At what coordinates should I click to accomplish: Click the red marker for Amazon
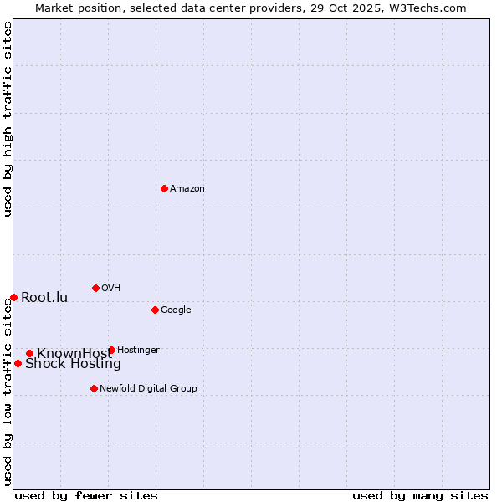click(164, 188)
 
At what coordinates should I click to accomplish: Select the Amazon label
click(187, 189)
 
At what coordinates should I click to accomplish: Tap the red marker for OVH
click(95, 288)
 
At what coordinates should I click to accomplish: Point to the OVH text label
click(111, 289)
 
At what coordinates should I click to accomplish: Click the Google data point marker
click(155, 310)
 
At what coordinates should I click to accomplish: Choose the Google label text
click(176, 310)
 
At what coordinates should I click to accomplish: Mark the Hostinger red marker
click(111, 350)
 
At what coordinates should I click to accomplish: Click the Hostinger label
click(138, 351)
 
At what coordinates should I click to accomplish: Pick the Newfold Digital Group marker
click(94, 388)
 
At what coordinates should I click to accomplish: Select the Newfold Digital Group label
click(148, 389)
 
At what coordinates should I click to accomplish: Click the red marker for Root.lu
click(13, 297)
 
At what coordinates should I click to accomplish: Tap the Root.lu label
click(44, 298)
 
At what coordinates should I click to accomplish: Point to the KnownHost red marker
click(29, 353)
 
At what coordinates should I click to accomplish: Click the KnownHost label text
click(74, 354)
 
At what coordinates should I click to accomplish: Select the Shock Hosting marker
click(18, 363)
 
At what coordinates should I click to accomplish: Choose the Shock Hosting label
click(73, 364)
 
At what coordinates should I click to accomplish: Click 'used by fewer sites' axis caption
click(86, 495)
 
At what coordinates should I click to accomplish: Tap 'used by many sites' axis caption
click(420, 495)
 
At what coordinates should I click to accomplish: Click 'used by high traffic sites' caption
click(8, 119)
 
